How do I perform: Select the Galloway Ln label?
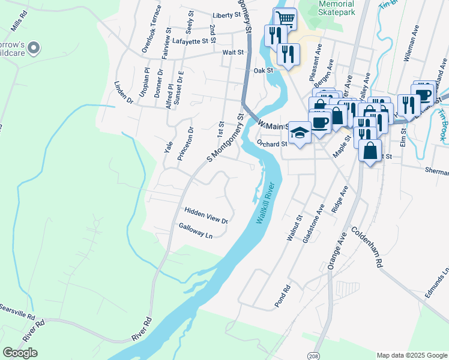pos(196,231)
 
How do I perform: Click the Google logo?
pos(20,353)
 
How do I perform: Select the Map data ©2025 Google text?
pos(411,355)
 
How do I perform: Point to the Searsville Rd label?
pos(17,309)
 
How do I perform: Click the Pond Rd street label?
pos(283,296)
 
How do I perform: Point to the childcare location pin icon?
pos(34,46)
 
